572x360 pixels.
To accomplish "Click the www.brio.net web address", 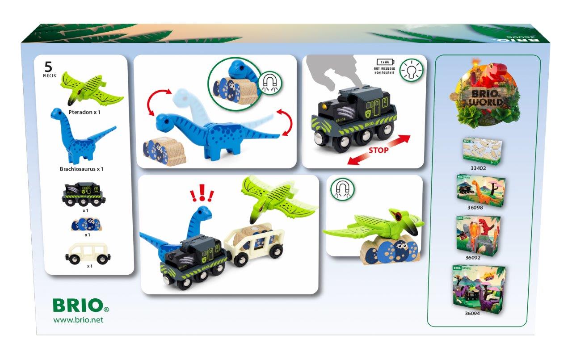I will pos(78,320).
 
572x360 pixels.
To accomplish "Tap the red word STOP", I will pos(379,150).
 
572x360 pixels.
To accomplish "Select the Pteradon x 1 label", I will pos(84,112).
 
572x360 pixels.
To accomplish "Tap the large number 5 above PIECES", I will pos(48,67).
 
